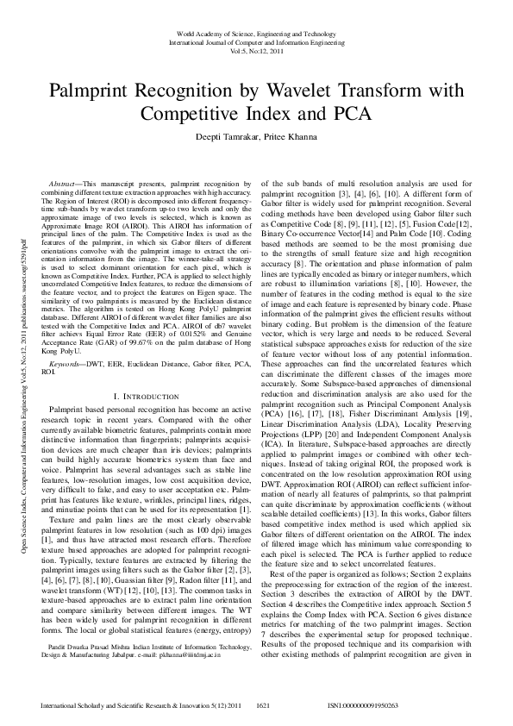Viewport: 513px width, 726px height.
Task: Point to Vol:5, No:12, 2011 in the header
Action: coord(257,50)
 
